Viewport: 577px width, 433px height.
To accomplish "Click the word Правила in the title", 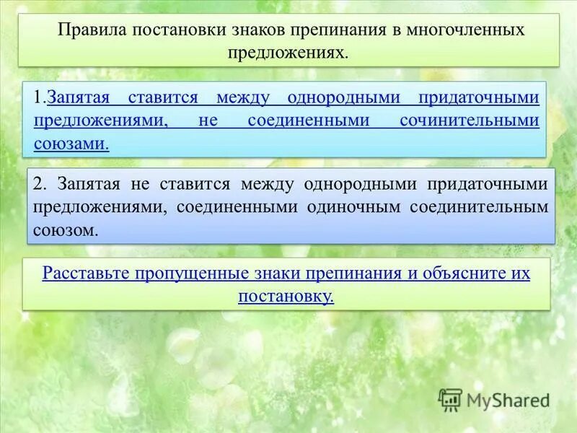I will tap(88, 30).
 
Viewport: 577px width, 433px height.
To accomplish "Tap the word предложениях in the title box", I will tap(288, 53).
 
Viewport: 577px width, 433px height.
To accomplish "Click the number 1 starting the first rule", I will tap(38, 97).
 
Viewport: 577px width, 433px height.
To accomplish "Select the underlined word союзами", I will tap(71, 144).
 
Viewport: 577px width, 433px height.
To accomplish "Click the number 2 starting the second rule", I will tap(38, 184).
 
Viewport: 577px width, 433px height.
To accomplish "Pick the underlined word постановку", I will tap(286, 296).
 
